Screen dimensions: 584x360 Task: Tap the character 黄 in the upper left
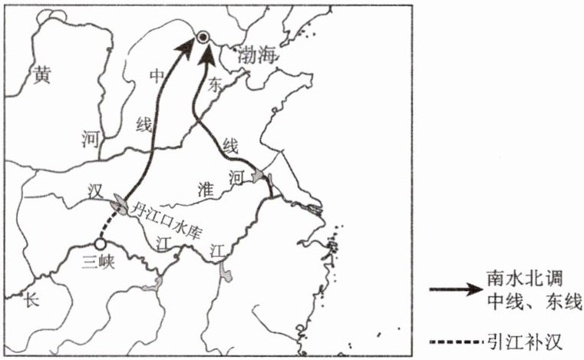pos(41,74)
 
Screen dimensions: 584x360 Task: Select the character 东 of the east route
pos(216,88)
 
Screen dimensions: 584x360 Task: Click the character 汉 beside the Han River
pos(95,189)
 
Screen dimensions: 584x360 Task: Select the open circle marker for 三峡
pos(100,244)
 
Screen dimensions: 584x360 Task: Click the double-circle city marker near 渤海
pos(203,37)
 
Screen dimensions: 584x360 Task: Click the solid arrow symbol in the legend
pos(457,290)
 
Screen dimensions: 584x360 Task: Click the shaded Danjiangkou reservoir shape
pos(120,203)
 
